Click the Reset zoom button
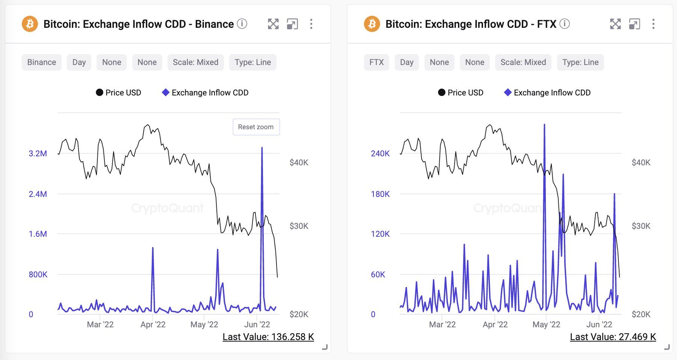[x=256, y=127]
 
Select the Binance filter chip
[x=42, y=62]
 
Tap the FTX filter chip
[x=376, y=62]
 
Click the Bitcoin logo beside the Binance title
[x=30, y=24]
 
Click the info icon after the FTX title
[x=564, y=24]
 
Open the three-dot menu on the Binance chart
[x=311, y=24]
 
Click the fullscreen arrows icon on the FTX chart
[x=615, y=24]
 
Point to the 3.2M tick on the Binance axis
[x=38, y=153]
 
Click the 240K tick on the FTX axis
[x=380, y=153]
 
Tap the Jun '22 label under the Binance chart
[x=257, y=324]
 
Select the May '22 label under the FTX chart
[x=546, y=324]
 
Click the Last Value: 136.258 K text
[x=268, y=337]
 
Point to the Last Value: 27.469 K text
[x=613, y=337]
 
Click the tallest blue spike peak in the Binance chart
[x=262, y=148]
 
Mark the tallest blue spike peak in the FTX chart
[x=544, y=125]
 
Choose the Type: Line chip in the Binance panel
[x=252, y=62]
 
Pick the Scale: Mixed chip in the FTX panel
[x=523, y=62]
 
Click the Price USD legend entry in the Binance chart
[x=119, y=92]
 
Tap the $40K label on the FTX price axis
[x=641, y=162]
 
